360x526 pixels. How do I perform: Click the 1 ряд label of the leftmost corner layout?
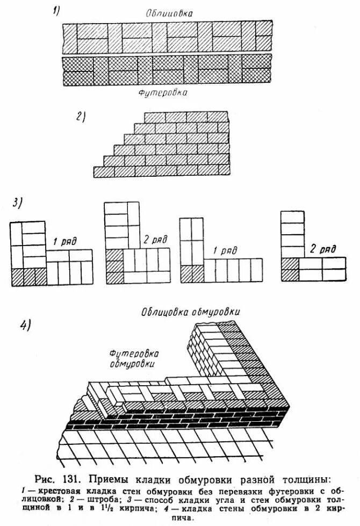64,241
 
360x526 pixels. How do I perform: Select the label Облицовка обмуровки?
190,312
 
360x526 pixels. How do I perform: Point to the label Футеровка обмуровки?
132,358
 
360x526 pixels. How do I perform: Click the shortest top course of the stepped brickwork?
186,117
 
